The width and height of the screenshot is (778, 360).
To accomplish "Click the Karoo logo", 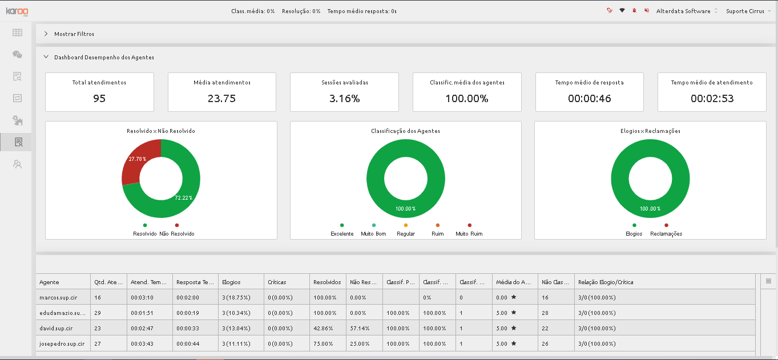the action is pos(17,11).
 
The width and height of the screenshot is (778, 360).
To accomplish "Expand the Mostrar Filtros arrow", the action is pos(46,34).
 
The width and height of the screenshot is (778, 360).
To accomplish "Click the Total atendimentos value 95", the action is pos(99,99).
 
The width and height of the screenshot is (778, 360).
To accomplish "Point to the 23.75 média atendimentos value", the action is pos(221,99).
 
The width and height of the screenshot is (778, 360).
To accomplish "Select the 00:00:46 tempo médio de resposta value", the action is pos(590,99).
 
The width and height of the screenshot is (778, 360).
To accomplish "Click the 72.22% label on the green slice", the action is pos(183,197).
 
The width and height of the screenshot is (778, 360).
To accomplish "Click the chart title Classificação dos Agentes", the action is pos(405,131).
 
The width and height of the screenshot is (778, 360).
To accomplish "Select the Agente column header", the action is pos(49,282).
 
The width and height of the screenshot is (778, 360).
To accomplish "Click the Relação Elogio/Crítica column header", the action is pos(606,282).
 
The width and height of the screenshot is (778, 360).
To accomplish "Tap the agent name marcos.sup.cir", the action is pos(58,297).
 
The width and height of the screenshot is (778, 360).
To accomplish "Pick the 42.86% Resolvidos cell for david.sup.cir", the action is pos(323,328).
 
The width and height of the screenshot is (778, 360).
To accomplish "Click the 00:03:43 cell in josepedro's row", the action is pos(142,343).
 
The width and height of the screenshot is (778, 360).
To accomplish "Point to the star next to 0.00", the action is pos(514,297).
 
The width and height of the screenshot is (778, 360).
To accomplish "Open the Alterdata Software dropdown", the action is pos(687,11).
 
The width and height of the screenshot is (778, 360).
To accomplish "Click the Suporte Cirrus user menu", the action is pos(748,11).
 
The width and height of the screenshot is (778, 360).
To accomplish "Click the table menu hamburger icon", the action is pos(768,281).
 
